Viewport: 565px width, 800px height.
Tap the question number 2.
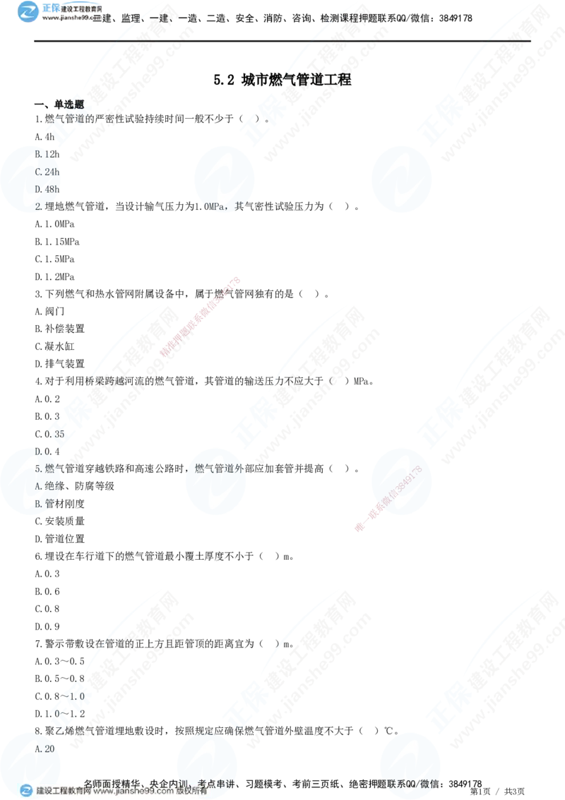(x=39, y=206)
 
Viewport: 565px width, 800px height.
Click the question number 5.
(x=39, y=467)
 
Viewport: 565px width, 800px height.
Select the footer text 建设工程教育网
(x=63, y=792)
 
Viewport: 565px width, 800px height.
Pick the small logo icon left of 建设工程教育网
(x=25, y=791)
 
